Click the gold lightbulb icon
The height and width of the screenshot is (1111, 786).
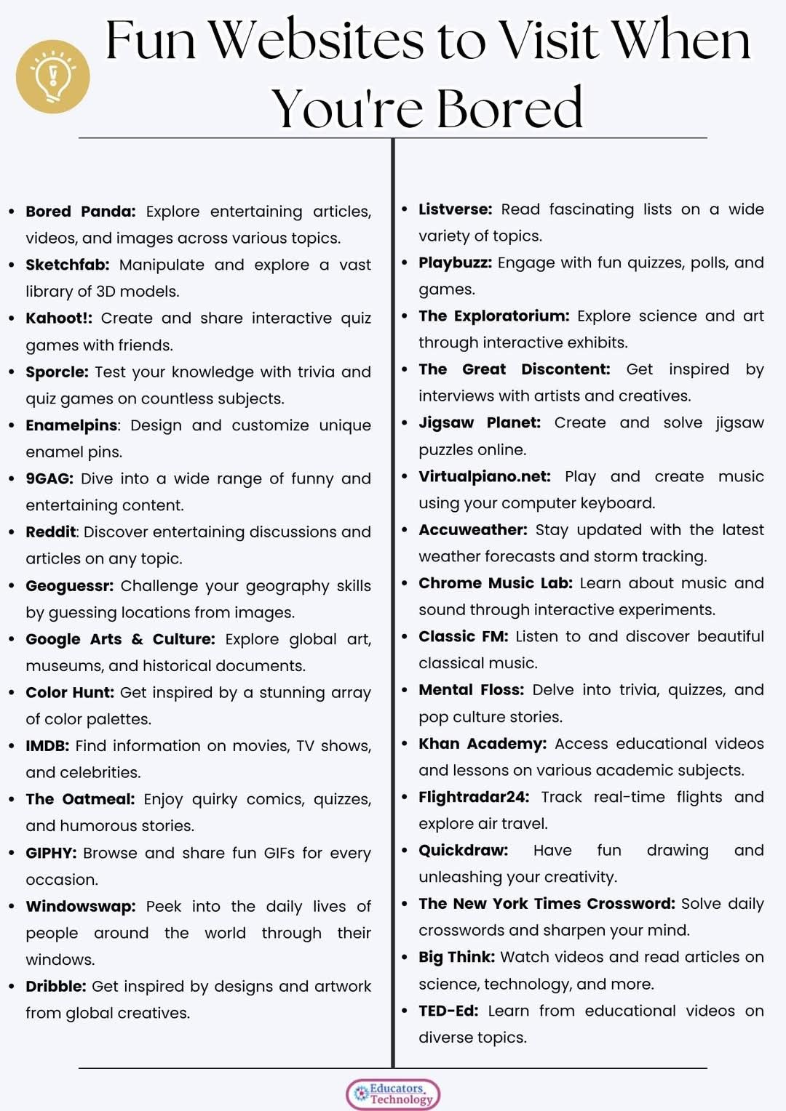(x=53, y=77)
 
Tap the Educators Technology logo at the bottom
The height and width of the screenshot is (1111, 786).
(x=393, y=1094)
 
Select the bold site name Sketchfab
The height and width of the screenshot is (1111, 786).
(x=67, y=265)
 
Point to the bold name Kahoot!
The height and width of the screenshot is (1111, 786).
(x=58, y=318)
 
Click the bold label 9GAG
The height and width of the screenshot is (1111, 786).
(x=49, y=478)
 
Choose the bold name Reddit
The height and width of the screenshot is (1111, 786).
(x=50, y=532)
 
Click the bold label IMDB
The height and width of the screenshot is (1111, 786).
(x=47, y=745)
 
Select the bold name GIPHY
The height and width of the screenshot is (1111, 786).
(x=50, y=852)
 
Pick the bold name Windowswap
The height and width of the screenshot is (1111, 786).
(x=80, y=906)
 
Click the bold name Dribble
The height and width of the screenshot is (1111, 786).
(x=55, y=986)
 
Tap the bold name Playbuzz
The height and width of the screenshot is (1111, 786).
(x=455, y=262)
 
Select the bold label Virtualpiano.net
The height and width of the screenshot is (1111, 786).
(x=484, y=476)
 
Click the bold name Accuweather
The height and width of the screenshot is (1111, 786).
(x=472, y=529)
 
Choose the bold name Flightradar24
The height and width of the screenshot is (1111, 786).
(x=473, y=797)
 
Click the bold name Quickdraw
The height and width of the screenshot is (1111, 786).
(x=463, y=850)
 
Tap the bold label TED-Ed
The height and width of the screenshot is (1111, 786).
(x=448, y=1011)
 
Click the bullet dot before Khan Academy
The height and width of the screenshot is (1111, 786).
(x=404, y=743)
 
